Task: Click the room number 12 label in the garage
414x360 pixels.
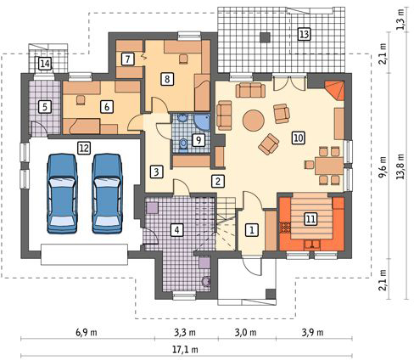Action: tap(84, 148)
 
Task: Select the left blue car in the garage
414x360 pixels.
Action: tap(62, 194)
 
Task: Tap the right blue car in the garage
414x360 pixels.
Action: tap(108, 194)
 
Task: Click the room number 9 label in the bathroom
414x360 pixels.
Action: tap(199, 140)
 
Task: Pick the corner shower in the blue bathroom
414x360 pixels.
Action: tap(202, 122)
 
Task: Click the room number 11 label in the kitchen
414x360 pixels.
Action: tap(310, 219)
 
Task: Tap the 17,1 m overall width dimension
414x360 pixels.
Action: tap(185, 350)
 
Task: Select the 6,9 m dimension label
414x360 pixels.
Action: tap(87, 332)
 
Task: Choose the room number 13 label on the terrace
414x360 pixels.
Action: tap(305, 34)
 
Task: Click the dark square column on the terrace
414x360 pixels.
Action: tap(265, 37)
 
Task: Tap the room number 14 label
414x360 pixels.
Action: tap(45, 64)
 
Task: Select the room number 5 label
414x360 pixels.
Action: tap(45, 107)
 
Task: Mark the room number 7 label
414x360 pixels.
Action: tap(128, 59)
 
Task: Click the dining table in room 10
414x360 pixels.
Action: tap(329, 165)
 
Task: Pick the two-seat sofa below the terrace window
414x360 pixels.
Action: tap(250, 90)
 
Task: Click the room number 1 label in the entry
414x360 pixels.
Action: tap(252, 229)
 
